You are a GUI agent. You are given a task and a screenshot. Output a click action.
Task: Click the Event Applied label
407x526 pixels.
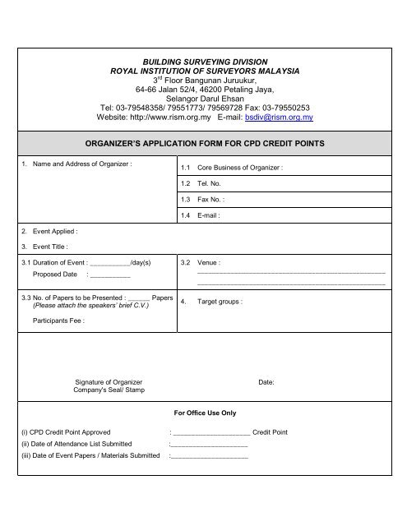(x=49, y=232)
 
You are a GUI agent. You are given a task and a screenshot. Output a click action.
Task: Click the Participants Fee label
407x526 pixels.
(x=58, y=321)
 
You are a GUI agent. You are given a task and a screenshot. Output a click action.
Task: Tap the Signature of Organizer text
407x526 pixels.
(x=109, y=382)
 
